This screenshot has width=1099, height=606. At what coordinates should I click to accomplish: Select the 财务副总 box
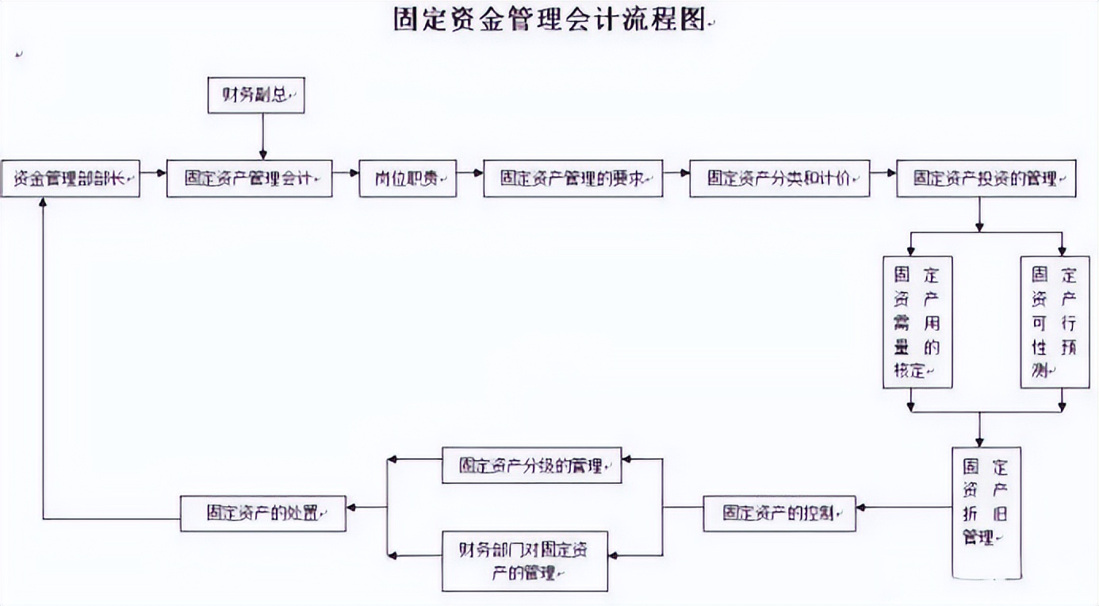point(255,95)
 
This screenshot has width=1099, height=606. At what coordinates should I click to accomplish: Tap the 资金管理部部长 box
point(71,178)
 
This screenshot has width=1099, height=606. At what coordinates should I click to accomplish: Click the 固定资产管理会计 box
point(249,178)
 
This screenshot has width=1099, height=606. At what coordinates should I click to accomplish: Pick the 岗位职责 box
point(408,178)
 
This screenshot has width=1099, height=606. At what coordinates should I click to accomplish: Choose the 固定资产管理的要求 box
point(572,178)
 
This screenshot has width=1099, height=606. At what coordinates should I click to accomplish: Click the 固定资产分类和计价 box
point(779,178)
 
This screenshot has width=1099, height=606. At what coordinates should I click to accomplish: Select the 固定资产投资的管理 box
point(986,178)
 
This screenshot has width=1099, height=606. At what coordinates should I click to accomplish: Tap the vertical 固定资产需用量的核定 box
point(917,322)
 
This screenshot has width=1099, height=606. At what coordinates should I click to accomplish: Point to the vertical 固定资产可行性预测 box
point(1055,322)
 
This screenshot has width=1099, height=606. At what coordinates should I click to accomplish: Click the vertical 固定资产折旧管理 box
point(986,511)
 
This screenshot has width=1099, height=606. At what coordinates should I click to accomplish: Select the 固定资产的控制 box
point(779,514)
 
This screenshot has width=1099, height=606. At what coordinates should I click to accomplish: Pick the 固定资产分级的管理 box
point(531,466)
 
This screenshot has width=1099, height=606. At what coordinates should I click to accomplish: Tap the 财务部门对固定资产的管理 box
point(525,561)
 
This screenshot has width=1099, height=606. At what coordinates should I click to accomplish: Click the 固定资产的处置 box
point(263,513)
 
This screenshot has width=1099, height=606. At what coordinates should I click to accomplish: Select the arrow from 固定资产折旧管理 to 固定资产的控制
point(904,506)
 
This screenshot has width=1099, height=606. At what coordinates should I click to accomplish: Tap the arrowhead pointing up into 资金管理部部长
point(44,203)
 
